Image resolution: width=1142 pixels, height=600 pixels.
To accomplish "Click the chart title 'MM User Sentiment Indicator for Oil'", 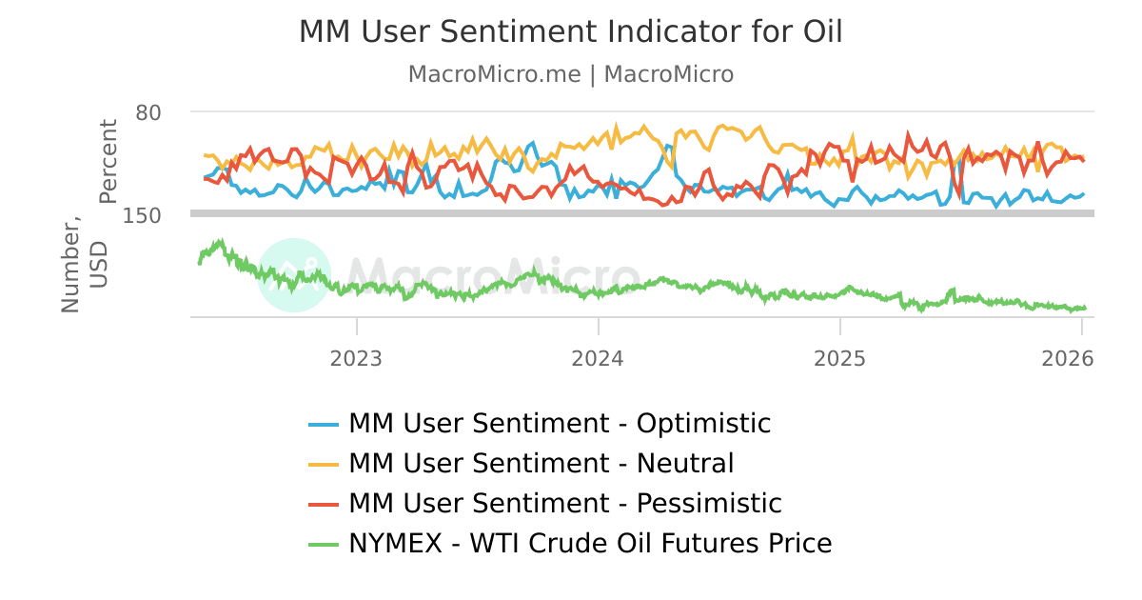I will click(x=570, y=31).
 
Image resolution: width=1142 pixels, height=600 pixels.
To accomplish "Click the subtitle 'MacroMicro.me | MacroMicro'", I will click(x=570, y=74).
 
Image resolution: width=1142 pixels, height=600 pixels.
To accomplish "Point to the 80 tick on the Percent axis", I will click(x=148, y=112).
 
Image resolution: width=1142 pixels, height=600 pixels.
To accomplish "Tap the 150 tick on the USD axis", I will click(x=142, y=215).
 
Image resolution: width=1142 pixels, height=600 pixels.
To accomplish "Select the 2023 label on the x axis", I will click(x=356, y=358).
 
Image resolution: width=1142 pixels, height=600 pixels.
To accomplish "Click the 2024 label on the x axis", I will click(x=598, y=358).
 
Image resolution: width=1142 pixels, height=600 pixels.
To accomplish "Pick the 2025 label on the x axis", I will click(x=839, y=358).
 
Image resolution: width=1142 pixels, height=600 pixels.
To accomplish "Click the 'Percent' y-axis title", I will click(x=108, y=161).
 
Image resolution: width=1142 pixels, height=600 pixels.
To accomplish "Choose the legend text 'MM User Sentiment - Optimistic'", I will click(x=560, y=423).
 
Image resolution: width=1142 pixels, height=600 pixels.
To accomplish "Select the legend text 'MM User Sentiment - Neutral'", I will click(x=541, y=464).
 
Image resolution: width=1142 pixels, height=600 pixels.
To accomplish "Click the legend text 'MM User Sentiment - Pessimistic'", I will click(x=564, y=504).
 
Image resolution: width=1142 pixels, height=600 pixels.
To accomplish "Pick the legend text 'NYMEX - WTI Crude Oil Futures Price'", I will click(x=590, y=544).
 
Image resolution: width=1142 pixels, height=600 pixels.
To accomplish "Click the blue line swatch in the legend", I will click(x=324, y=424).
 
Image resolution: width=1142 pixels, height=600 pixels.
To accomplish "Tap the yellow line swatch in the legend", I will click(x=324, y=465).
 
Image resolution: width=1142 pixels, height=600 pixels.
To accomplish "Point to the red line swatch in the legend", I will click(x=324, y=505).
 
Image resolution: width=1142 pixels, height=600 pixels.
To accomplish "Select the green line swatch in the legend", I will click(x=324, y=545).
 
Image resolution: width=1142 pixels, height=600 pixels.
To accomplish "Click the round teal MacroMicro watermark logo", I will click(x=294, y=274).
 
